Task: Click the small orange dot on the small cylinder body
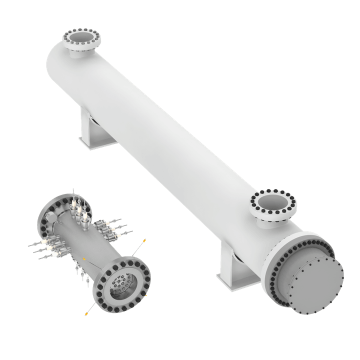[x=84, y=258]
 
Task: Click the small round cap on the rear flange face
[x=49, y=217]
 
